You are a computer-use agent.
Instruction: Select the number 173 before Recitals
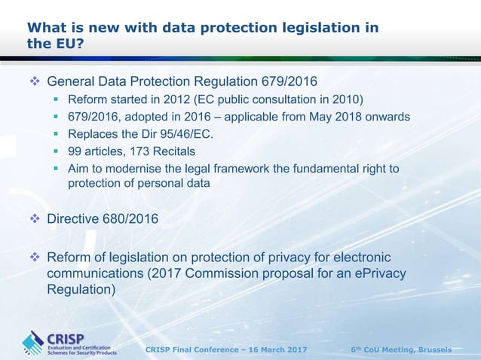pyautogui.click(x=142, y=152)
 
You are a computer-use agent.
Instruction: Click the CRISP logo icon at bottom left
pyautogui.click(x=32, y=343)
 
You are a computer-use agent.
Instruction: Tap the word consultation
pyautogui.click(x=290, y=100)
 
